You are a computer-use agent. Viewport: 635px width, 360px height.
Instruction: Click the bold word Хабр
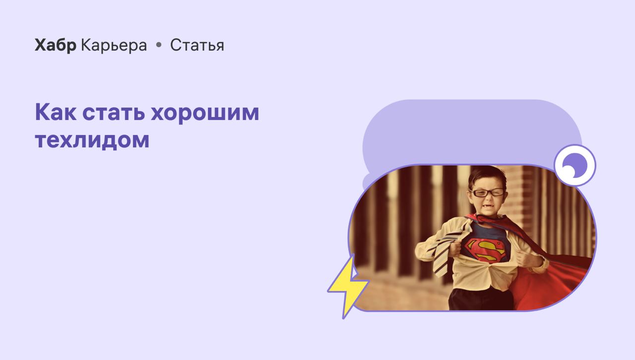tap(56, 45)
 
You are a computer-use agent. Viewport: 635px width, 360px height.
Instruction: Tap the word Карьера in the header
tap(114, 45)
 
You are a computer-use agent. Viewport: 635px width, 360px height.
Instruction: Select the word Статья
tap(197, 45)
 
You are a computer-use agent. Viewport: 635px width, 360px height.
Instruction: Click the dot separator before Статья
tap(159, 45)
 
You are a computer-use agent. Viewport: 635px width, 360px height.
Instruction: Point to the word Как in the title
tap(56, 112)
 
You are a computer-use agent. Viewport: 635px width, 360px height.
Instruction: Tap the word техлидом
tap(92, 140)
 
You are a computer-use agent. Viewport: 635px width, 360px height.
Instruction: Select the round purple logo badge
tap(575, 165)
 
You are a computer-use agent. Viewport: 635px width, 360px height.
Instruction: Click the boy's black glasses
tap(487, 192)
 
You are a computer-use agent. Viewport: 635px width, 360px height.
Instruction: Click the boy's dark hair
tap(486, 176)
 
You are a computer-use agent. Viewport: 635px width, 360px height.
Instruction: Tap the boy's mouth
tap(486, 206)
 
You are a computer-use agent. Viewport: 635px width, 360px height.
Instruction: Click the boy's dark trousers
tap(481, 299)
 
